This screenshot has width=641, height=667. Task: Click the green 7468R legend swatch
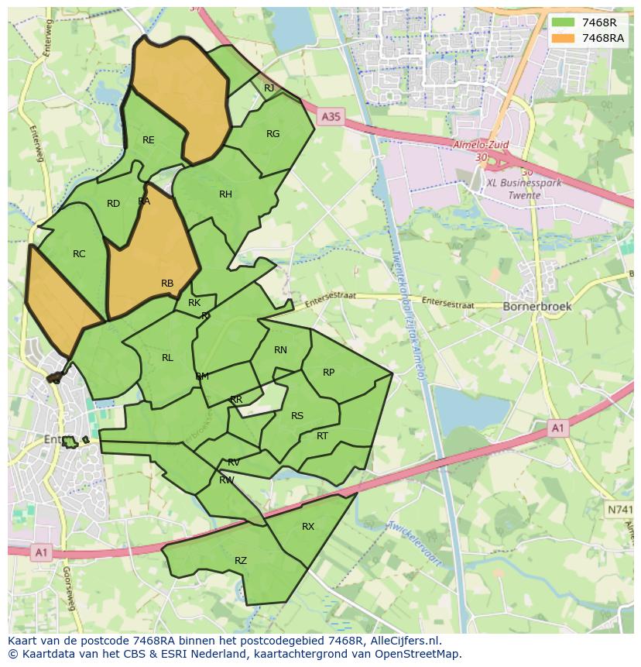click(x=563, y=22)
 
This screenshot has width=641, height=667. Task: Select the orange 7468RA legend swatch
click(x=563, y=38)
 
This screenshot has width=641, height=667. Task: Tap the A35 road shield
click(x=330, y=116)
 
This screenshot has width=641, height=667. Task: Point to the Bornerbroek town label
click(x=537, y=306)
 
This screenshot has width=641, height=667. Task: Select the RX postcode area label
click(x=308, y=527)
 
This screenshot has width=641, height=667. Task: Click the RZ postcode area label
click(x=241, y=561)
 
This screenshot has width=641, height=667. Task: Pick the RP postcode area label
click(x=328, y=373)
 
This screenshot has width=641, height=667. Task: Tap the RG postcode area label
click(x=273, y=134)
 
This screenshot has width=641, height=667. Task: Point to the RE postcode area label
click(x=149, y=140)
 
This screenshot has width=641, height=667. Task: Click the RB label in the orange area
click(x=167, y=284)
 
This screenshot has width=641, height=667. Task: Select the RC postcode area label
click(x=79, y=254)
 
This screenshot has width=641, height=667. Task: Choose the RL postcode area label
click(x=167, y=358)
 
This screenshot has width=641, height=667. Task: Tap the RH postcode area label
click(x=225, y=194)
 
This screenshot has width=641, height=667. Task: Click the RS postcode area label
click(x=297, y=416)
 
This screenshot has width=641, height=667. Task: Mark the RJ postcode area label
click(x=269, y=88)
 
